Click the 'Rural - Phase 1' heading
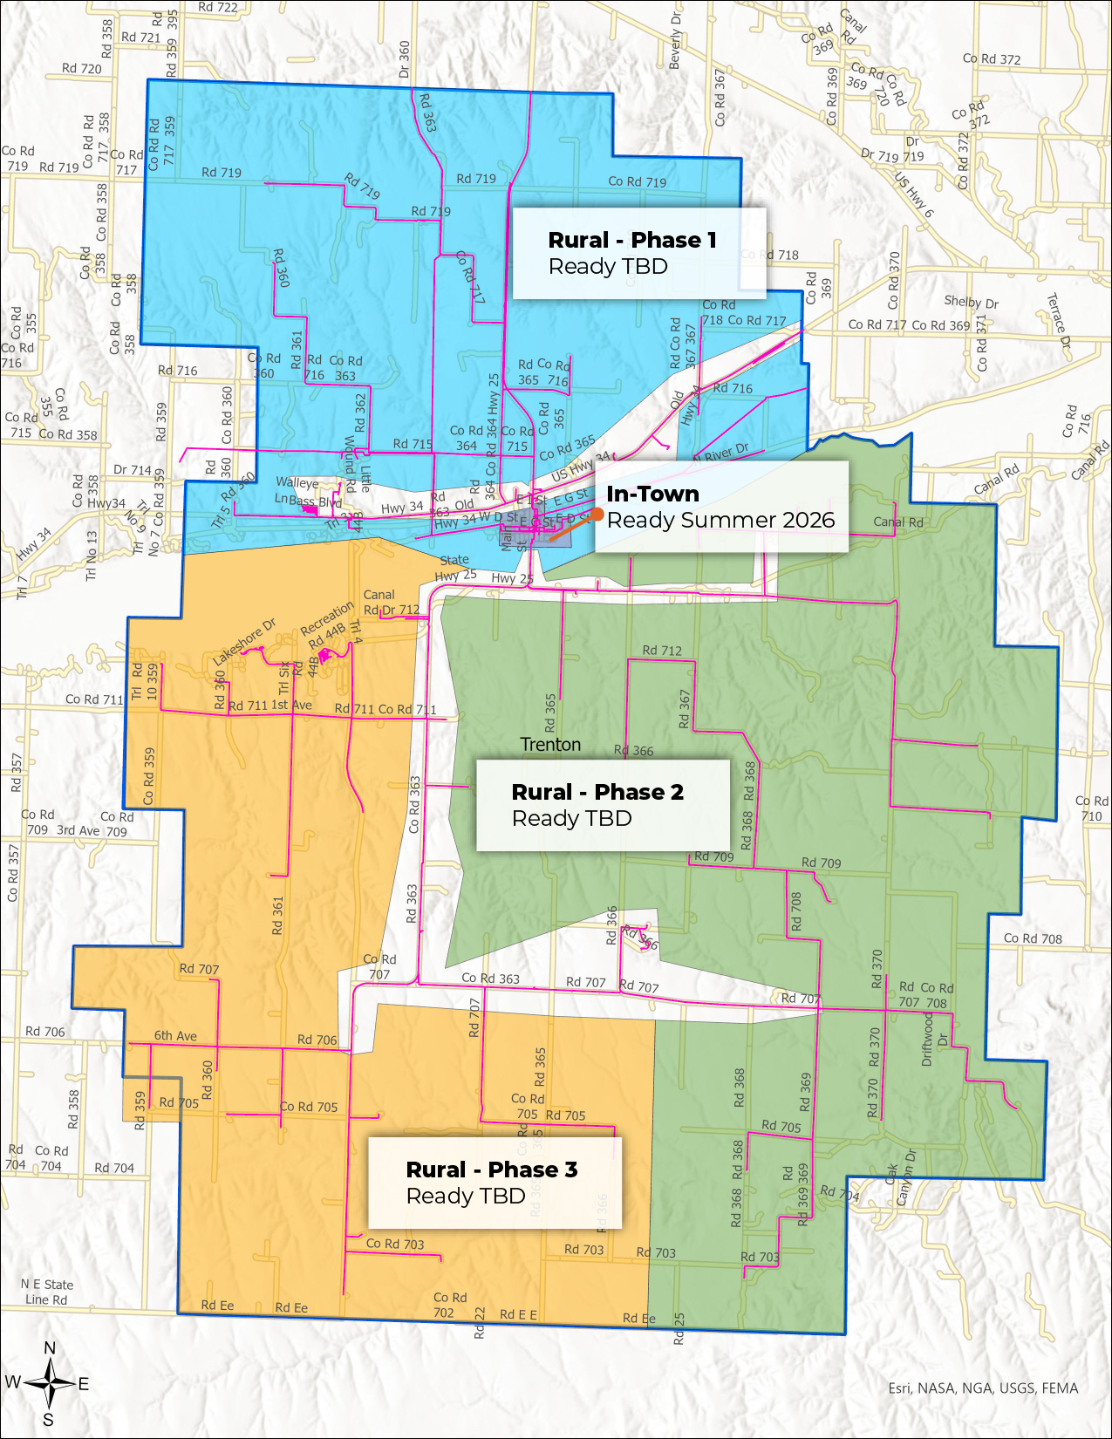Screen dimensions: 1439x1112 pos(632,240)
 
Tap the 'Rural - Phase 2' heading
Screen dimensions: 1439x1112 pos(597,792)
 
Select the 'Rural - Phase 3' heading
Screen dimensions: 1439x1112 pos(492,1170)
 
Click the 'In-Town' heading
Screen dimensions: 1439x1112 pos(652,494)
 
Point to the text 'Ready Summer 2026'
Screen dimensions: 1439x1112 pos(720,521)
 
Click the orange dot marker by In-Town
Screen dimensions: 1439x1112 pos(597,515)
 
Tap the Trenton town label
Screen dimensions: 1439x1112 pos(550,745)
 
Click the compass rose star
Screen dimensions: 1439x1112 pos(50,1383)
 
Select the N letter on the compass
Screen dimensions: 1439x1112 pos(50,1348)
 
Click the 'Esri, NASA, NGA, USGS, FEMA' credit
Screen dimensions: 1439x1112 pos(983,1388)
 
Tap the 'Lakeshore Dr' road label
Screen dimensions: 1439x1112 pos(244,642)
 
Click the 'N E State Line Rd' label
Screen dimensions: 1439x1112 pos(47,1292)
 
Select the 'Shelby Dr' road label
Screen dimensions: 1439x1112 pos(971,302)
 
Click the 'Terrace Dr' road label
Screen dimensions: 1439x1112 pos(1058,320)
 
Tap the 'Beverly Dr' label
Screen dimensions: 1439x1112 pos(675,41)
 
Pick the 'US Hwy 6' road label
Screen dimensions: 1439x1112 pos(914,194)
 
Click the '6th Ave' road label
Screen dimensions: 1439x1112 pos(175,1036)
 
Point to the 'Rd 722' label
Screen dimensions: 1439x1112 pos(217,8)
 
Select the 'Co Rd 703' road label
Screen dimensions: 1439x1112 pos(395,1244)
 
